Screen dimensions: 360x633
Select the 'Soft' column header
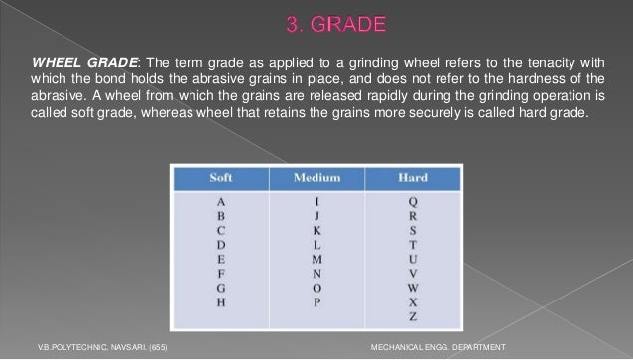221,179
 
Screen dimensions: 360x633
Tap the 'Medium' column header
316,179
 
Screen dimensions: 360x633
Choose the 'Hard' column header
413,179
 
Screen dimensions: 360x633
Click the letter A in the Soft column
221,201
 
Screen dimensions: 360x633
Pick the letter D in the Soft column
221,243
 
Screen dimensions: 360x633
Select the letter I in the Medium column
317,201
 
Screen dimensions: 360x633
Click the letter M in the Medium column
317,257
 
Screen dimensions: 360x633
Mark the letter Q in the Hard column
413,201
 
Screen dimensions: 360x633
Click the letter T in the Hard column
413,243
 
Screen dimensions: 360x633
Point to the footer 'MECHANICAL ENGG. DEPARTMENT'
436,346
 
